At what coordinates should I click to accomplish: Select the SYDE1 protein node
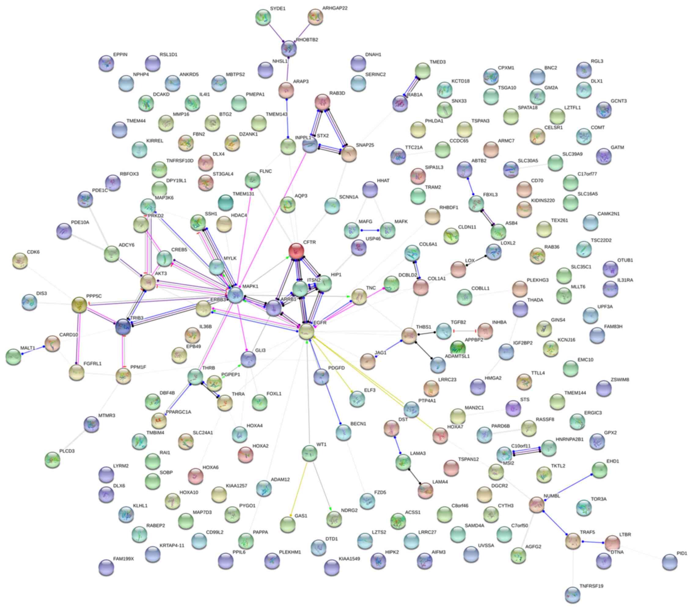pos(263,17)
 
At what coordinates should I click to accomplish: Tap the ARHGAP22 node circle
pos(315,17)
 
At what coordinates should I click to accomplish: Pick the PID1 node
pos(669,562)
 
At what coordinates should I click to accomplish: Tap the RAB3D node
pos(322,101)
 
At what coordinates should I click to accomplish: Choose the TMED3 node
pos(423,71)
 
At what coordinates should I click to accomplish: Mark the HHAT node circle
pos(370,189)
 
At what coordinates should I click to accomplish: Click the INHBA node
pos(485,331)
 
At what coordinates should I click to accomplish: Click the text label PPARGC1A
pos(178,412)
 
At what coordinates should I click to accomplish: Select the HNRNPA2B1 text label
pos(570,439)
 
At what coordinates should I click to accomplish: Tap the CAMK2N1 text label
pos(608,214)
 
